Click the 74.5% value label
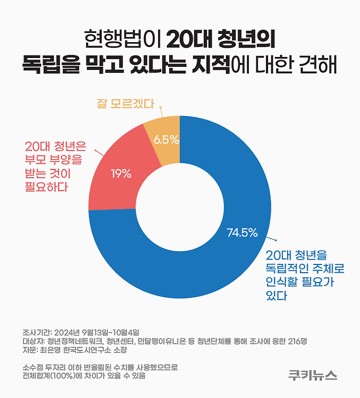click(242, 233)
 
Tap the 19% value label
click(121, 174)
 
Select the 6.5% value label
click(166, 140)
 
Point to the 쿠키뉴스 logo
click(313, 374)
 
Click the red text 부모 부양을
click(53, 160)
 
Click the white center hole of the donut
click(180, 207)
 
